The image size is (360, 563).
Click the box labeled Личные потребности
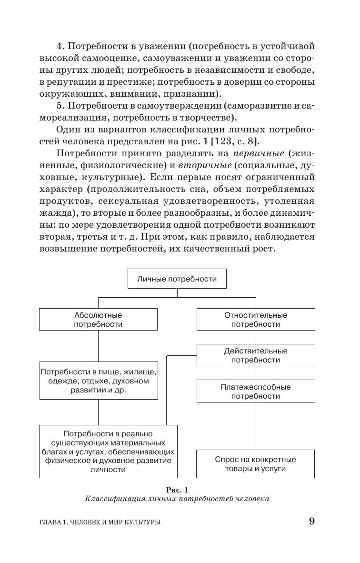177,279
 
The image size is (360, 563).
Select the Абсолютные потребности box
98,319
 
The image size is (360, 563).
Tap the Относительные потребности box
256,319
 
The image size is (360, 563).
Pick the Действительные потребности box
256,355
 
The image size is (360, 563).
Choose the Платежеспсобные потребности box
256,391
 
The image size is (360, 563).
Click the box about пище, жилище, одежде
98,381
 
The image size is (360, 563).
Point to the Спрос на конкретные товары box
256,464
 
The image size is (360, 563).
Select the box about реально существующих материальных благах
108,451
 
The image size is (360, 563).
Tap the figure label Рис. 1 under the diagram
177,489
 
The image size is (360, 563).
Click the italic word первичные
258,153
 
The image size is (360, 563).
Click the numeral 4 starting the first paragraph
60,46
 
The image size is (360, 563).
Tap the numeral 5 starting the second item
60,106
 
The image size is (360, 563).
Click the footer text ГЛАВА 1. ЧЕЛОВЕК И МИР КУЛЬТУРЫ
100,522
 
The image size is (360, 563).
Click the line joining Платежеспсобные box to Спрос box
256,426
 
